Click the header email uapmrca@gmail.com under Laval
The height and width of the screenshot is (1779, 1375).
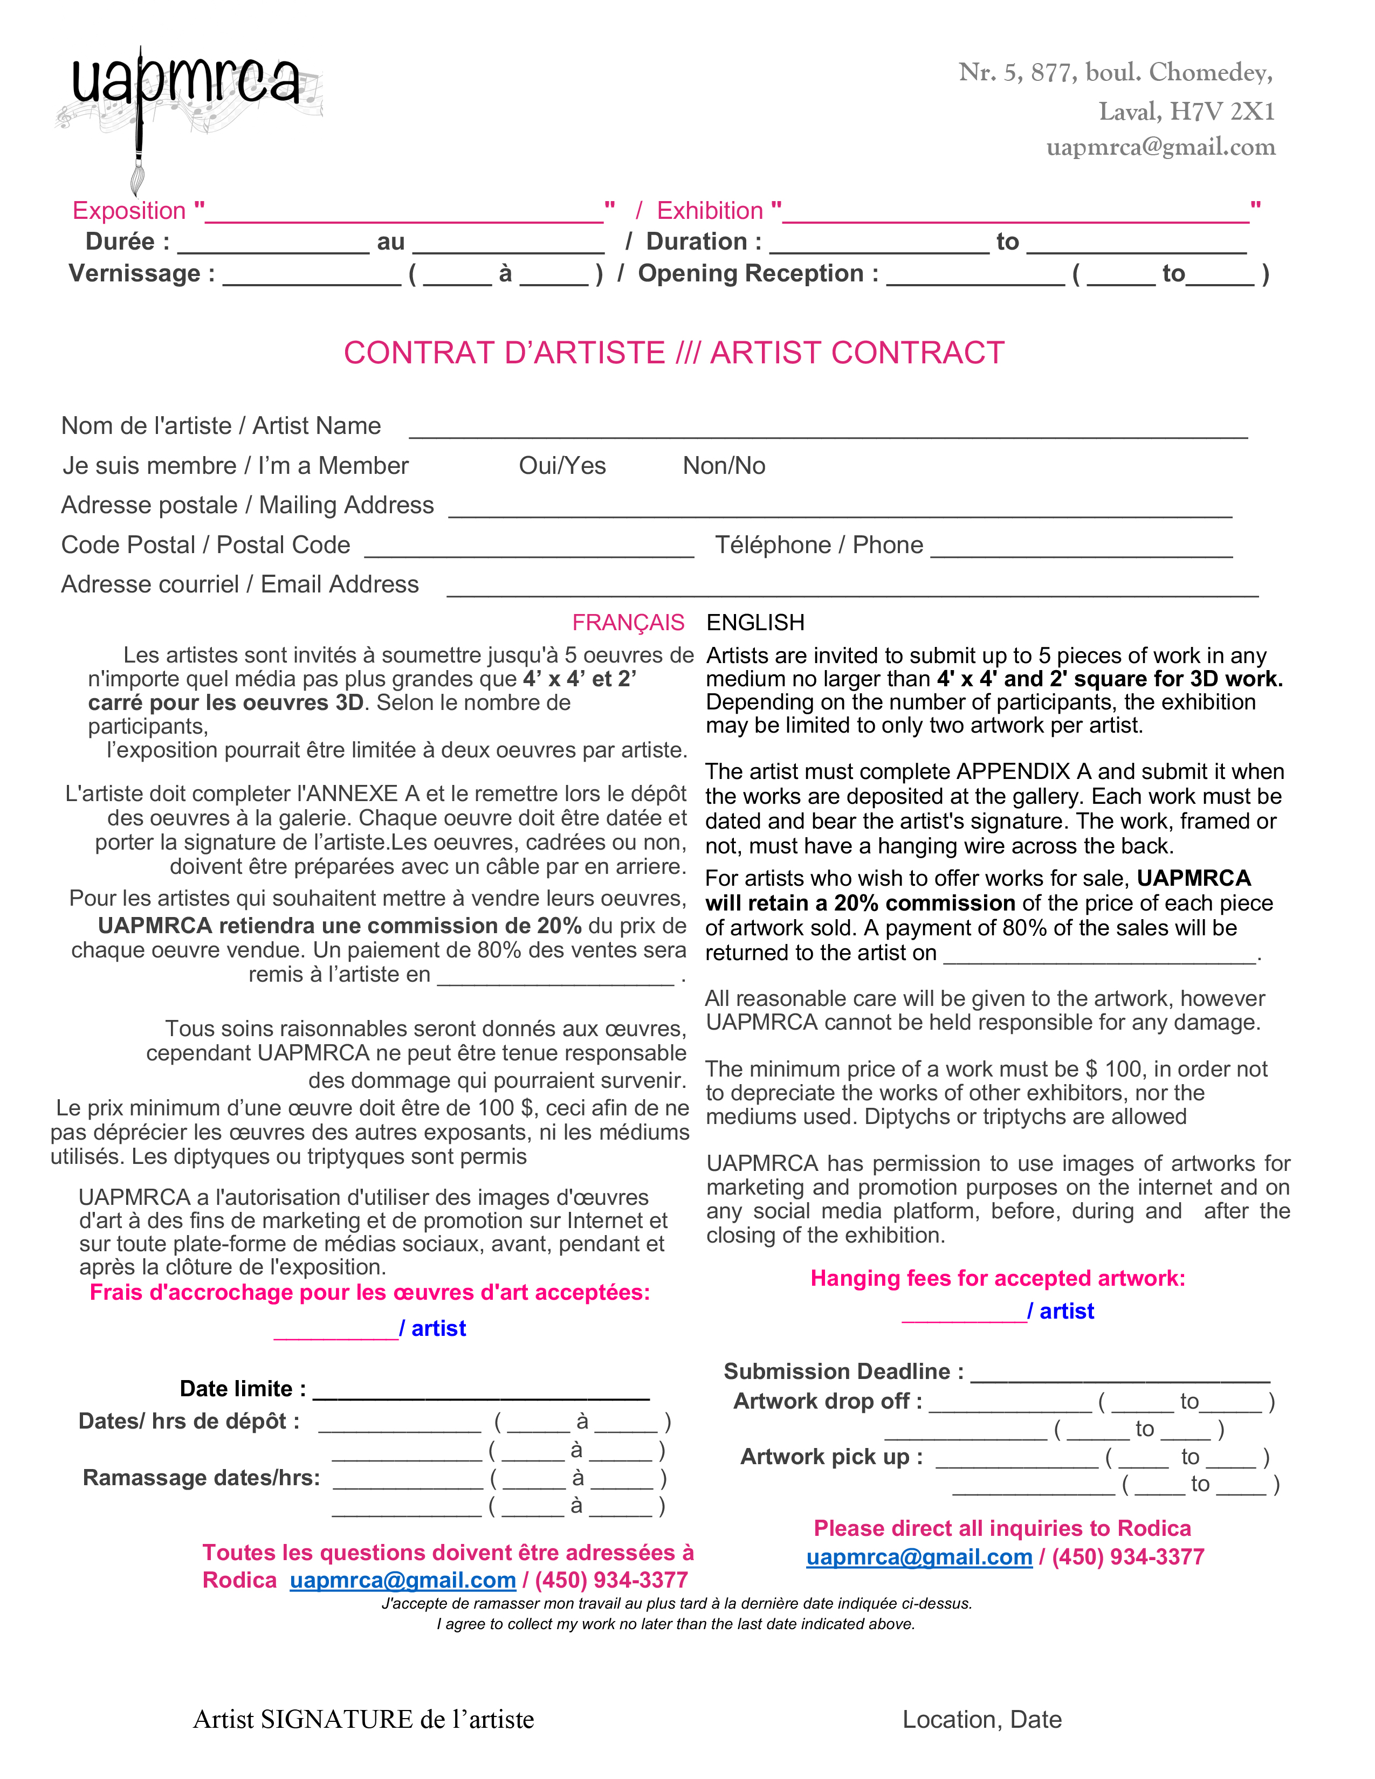pyautogui.click(x=1161, y=147)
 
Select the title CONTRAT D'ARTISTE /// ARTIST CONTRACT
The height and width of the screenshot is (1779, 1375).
pyautogui.click(x=673, y=353)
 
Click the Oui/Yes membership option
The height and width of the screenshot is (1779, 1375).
pyautogui.click(x=562, y=466)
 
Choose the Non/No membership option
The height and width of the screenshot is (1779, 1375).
pyautogui.click(x=723, y=466)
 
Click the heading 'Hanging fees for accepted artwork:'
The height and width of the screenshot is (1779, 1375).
pyautogui.click(x=997, y=1278)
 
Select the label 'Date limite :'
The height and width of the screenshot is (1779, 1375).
pyautogui.click(x=243, y=1389)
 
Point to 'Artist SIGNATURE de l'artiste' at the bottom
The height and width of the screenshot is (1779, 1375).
pyautogui.click(x=363, y=1720)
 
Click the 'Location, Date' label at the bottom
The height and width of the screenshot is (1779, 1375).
pyautogui.click(x=981, y=1720)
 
